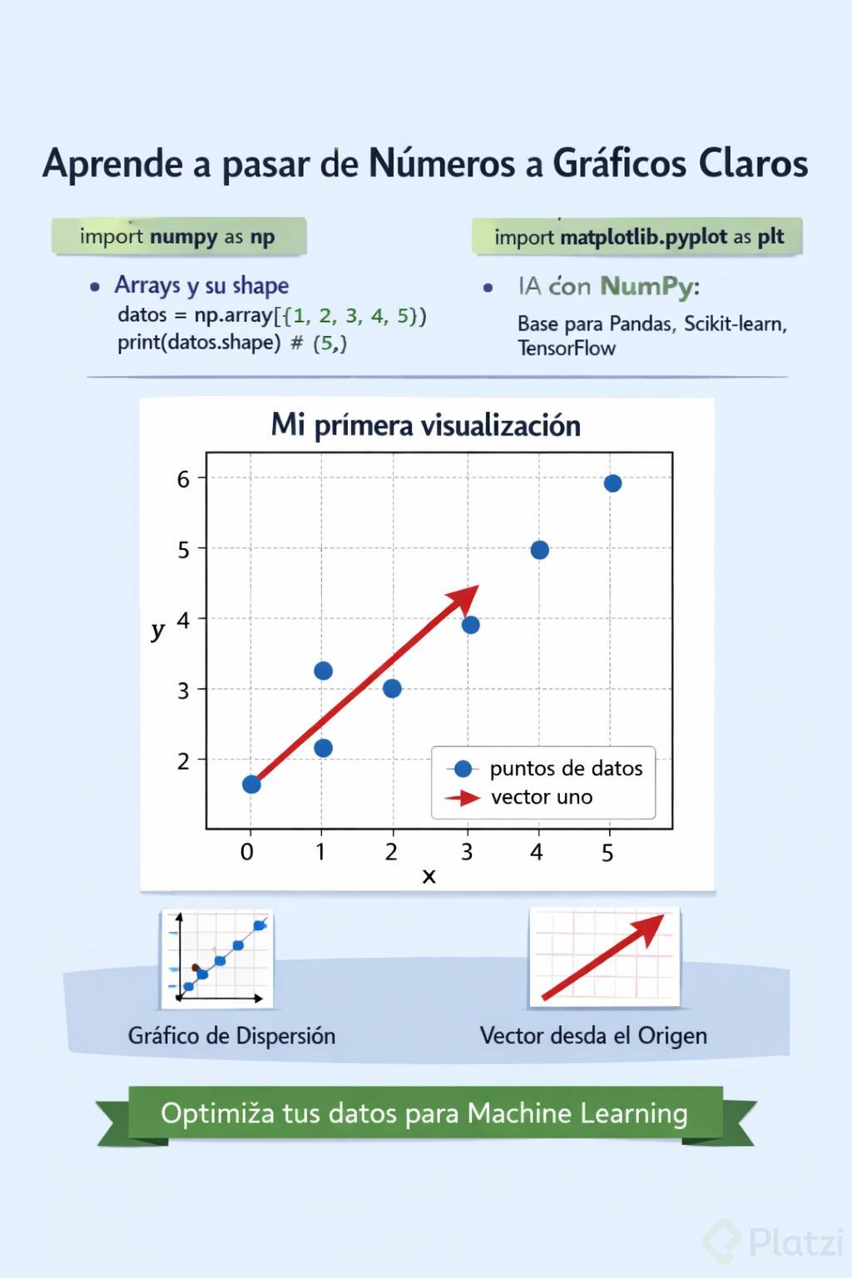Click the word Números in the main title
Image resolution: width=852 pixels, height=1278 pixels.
(x=441, y=163)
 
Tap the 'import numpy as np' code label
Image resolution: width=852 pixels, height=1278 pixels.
(x=177, y=236)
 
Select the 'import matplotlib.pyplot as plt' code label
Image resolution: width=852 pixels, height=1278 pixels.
(x=638, y=237)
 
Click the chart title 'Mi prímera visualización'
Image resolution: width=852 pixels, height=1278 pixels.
(x=425, y=425)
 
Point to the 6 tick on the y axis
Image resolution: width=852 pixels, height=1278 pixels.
(x=183, y=479)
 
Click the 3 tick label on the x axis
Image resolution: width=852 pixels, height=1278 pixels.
(x=467, y=852)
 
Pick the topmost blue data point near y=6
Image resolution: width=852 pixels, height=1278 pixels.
(x=612, y=483)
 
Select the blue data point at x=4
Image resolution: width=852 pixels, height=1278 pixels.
(x=539, y=550)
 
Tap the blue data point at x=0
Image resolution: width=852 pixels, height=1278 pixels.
(x=251, y=785)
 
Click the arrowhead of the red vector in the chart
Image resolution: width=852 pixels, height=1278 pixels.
(x=465, y=597)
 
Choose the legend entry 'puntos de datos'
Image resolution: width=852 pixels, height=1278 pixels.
(x=566, y=768)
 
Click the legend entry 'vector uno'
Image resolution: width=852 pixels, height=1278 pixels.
(x=542, y=797)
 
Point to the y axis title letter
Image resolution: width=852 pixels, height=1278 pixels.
(x=157, y=630)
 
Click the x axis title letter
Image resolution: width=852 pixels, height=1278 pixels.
(x=428, y=875)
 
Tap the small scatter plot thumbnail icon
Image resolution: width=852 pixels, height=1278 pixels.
(x=217, y=958)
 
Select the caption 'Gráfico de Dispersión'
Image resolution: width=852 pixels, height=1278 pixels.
(x=231, y=1036)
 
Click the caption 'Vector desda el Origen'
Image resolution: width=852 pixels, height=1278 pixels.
(x=593, y=1036)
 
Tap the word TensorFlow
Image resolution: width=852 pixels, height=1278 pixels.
(x=567, y=349)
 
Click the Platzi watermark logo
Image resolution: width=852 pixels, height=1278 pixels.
(x=774, y=1242)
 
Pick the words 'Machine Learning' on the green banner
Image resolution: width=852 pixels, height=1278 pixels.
(x=577, y=1113)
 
